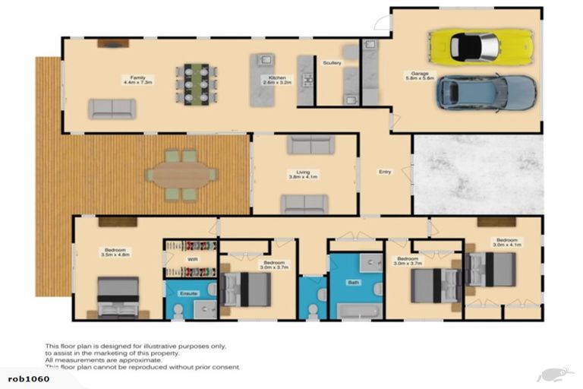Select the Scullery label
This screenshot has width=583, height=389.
point(332,63)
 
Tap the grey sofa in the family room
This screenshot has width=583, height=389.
point(112,109)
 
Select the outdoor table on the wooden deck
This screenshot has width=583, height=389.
point(181,175)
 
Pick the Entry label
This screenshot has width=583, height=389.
point(385,172)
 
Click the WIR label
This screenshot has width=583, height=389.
point(193,259)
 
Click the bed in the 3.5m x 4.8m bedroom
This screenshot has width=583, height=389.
point(118,296)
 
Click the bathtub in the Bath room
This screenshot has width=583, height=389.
point(357,311)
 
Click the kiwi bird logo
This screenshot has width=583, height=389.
point(555,375)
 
